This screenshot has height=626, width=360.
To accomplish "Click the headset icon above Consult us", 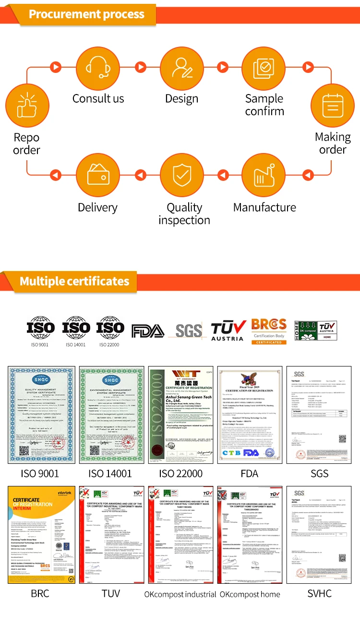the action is [x=98, y=68].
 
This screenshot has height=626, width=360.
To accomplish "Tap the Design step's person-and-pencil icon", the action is [x=181, y=68].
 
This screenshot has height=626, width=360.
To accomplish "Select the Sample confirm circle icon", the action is [x=264, y=68].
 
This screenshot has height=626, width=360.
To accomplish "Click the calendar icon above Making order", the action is [x=333, y=106].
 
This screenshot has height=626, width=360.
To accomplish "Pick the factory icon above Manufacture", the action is [x=264, y=176].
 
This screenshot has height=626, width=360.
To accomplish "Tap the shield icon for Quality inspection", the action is [x=181, y=176].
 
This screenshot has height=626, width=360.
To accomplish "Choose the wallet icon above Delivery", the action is [x=98, y=176].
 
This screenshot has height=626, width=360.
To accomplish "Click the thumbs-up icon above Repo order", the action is [x=26, y=106].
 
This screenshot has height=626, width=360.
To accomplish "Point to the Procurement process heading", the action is [x=86, y=14].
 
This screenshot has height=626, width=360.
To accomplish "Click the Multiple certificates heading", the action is [x=74, y=281].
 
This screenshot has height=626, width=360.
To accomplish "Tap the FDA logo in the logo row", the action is [x=148, y=331].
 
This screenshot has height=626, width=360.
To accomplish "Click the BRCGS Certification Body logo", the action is [x=269, y=331].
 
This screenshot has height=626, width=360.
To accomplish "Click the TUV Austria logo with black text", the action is [x=228, y=331].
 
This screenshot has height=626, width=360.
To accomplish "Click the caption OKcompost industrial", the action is [x=180, y=594].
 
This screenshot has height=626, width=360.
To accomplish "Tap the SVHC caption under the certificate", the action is [x=319, y=593].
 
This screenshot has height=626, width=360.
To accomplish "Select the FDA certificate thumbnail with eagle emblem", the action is [x=250, y=415].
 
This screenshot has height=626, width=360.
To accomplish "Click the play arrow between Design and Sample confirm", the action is [x=223, y=67].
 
